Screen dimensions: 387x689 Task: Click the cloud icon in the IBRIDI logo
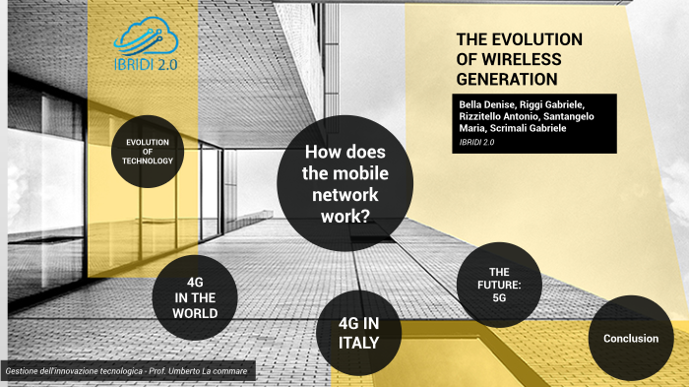pyautogui.click(x=146, y=37)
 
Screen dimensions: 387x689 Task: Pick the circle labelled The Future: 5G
pyautogui.click(x=499, y=284)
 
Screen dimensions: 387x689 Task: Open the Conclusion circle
pyautogui.click(x=630, y=338)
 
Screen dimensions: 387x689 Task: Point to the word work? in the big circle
pyautogui.click(x=345, y=217)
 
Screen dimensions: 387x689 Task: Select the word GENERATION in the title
pyautogui.click(x=507, y=79)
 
